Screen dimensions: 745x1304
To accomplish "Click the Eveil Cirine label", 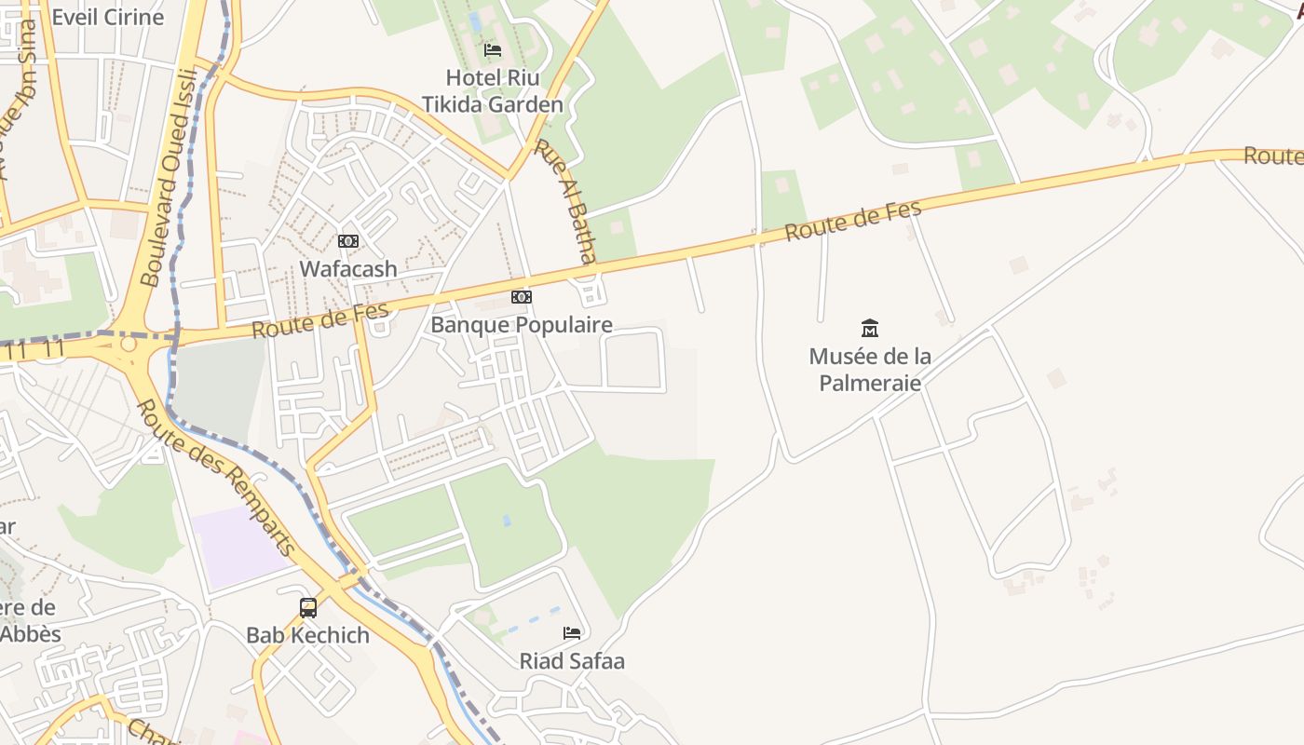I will pyautogui.click(x=108, y=17).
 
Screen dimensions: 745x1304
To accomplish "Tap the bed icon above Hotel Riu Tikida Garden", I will pyautogui.click(x=493, y=49).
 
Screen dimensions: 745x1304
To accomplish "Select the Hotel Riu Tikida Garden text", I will pyautogui.click(x=493, y=90).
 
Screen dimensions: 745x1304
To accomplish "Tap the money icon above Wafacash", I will pyautogui.click(x=348, y=241).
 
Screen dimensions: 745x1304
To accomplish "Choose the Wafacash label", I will pyautogui.click(x=348, y=269).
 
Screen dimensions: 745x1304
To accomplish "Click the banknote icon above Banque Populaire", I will pyautogui.click(x=522, y=297).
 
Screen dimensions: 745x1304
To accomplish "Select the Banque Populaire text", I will pyautogui.click(x=522, y=325).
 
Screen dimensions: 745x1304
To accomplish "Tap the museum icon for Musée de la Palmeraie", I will pyautogui.click(x=870, y=328).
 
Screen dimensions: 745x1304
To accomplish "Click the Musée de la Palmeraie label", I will pyautogui.click(x=870, y=369).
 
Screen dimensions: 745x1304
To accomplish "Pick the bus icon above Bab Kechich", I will pyautogui.click(x=308, y=608).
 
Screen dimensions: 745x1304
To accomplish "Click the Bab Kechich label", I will pyautogui.click(x=307, y=636).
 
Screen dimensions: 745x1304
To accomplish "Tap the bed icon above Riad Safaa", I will pyautogui.click(x=572, y=633).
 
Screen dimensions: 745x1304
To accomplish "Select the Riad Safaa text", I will pyautogui.click(x=572, y=661).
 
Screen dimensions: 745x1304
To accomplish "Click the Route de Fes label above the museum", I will pyautogui.click(x=852, y=221).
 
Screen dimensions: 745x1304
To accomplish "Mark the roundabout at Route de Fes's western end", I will pyautogui.click(x=129, y=345).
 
